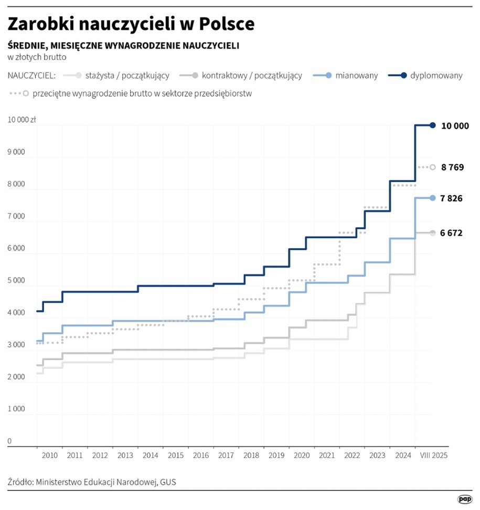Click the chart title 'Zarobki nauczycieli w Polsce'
click(x=131, y=24)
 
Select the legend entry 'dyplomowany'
click(x=435, y=76)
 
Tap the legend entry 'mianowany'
click(x=357, y=76)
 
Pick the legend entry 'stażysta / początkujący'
click(x=126, y=76)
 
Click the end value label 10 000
click(x=455, y=126)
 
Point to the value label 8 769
click(x=452, y=167)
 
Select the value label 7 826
click(x=452, y=198)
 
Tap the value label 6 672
click(x=452, y=233)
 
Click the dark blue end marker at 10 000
click(x=433, y=125)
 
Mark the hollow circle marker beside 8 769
click(x=433, y=167)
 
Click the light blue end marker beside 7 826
click(x=433, y=198)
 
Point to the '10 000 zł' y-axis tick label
click(x=22, y=120)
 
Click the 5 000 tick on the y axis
click(x=16, y=281)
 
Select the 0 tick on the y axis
click(x=10, y=442)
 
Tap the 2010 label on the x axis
click(x=49, y=455)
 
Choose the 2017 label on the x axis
click(x=226, y=455)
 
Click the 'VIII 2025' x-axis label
click(x=433, y=455)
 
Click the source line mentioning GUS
click(x=92, y=482)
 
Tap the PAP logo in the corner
click(x=465, y=498)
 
